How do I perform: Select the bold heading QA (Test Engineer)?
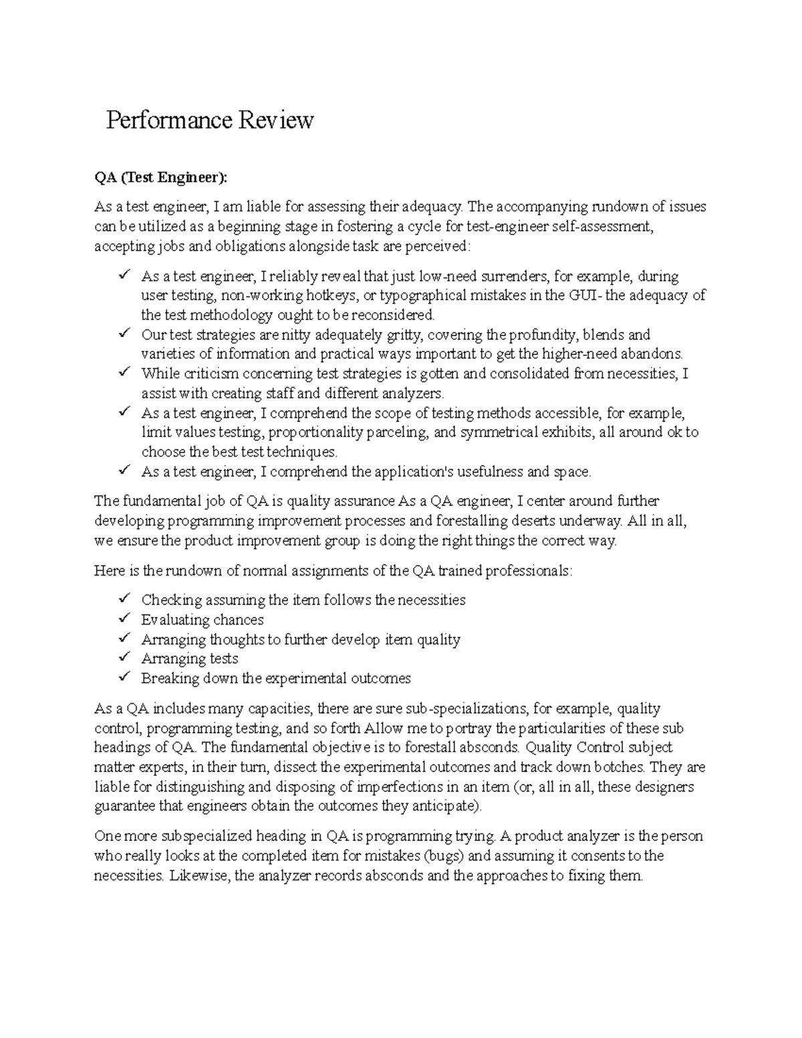click(x=161, y=178)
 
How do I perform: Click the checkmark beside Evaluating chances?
click(x=124, y=619)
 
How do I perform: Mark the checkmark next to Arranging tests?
click(x=124, y=658)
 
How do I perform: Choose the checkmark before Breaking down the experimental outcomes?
click(x=124, y=677)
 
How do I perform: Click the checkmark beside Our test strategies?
click(x=124, y=334)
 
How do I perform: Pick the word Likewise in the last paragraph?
click(x=199, y=876)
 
